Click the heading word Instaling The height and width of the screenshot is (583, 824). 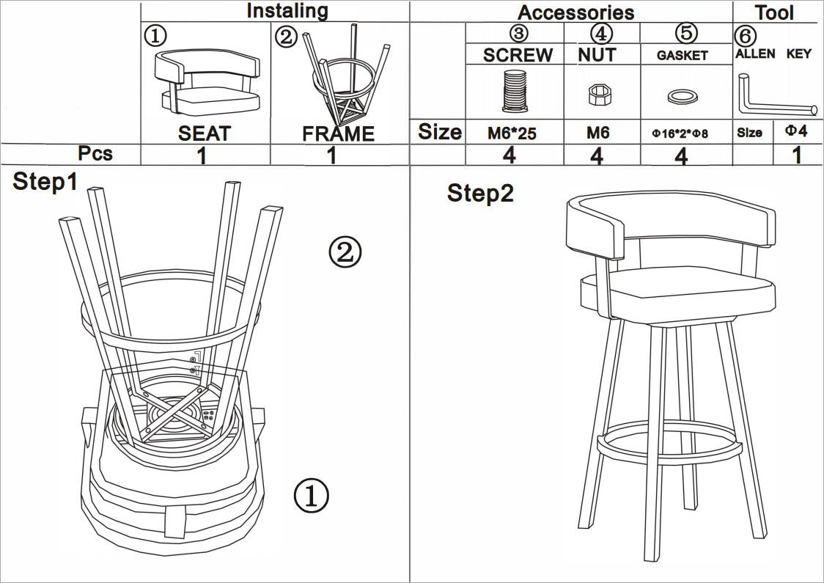287,11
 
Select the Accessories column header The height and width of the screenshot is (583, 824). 575,12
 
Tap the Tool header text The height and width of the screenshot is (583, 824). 775,12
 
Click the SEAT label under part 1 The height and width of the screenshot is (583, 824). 204,133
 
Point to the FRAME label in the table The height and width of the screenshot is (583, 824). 338,134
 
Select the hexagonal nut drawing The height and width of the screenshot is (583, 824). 600,93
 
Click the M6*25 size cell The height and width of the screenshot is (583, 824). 512,134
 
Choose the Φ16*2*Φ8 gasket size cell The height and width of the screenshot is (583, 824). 681,134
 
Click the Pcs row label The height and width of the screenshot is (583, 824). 95,153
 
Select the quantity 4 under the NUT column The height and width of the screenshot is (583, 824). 597,155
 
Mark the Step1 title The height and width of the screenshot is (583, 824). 45,183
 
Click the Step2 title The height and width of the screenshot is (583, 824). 480,194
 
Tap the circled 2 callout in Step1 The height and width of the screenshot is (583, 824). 345,252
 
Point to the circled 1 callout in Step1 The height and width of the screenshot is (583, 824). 311,496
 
